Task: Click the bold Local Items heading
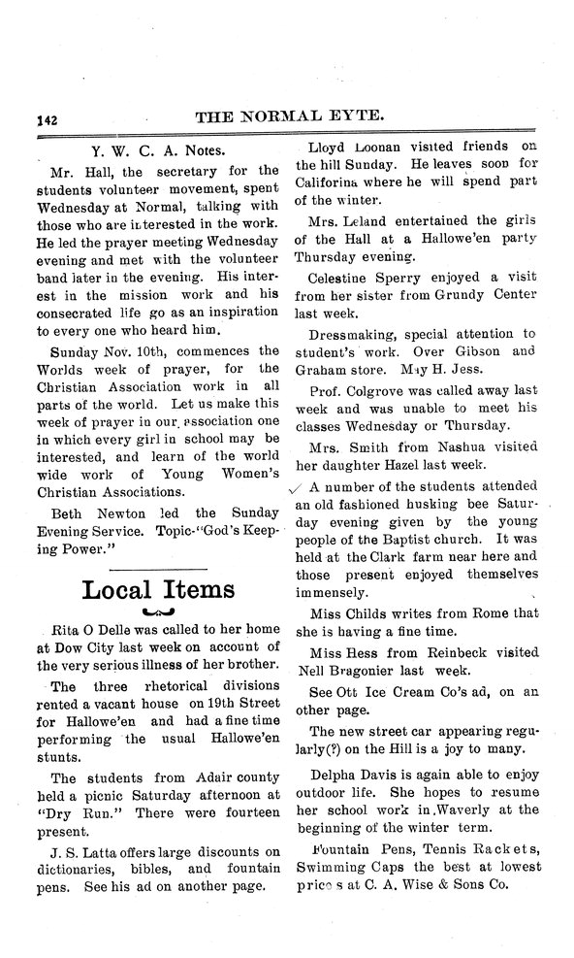point(158,589)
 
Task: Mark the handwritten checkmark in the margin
point(296,489)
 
